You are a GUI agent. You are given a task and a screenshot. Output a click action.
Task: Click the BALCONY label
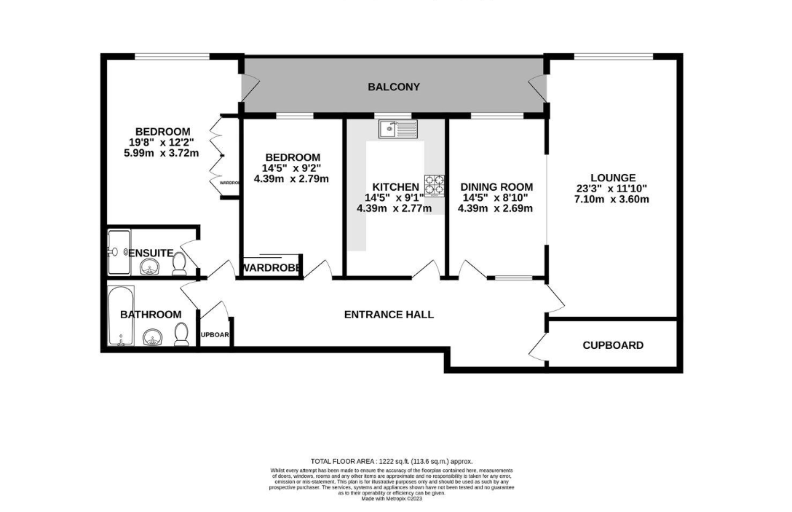coord(394,87)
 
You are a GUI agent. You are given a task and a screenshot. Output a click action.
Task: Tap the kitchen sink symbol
coord(397,130)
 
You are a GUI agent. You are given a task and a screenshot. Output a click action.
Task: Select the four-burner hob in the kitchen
coord(434,184)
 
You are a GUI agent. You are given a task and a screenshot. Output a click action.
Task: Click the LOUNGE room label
coord(613,177)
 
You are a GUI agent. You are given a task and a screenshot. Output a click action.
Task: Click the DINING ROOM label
coord(496,186)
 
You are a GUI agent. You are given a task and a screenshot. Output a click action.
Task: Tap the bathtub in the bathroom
coord(121,315)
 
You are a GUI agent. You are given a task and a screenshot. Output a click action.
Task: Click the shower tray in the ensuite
coord(119,252)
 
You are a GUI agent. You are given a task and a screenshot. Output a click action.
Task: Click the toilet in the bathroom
coord(181,335)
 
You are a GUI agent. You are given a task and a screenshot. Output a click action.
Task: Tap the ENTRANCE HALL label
coord(389,315)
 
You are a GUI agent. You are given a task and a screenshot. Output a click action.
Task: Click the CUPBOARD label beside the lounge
coord(613,345)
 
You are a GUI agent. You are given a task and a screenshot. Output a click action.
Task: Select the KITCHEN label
coord(395,186)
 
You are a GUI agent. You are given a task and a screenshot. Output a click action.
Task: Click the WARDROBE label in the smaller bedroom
coord(271,268)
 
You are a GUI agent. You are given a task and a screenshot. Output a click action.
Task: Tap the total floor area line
coord(392,461)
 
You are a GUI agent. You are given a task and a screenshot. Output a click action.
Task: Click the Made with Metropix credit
coord(392,500)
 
